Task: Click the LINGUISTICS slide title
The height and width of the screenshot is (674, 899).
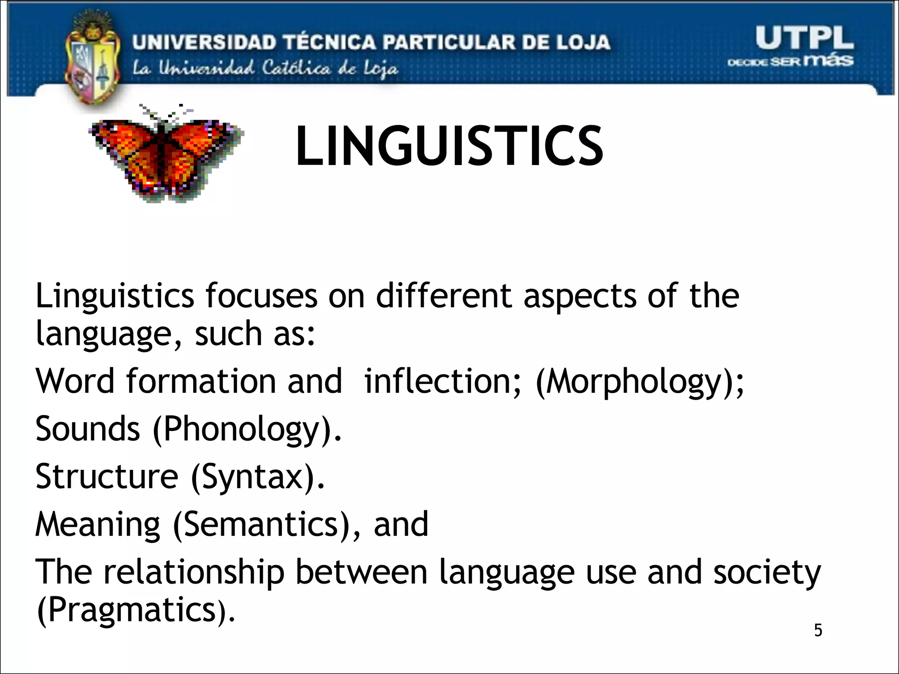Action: [x=449, y=146]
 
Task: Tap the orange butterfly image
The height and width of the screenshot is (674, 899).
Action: [x=165, y=154]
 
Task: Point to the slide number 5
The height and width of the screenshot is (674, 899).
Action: [x=818, y=630]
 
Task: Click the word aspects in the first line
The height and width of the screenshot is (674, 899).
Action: [x=580, y=297]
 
